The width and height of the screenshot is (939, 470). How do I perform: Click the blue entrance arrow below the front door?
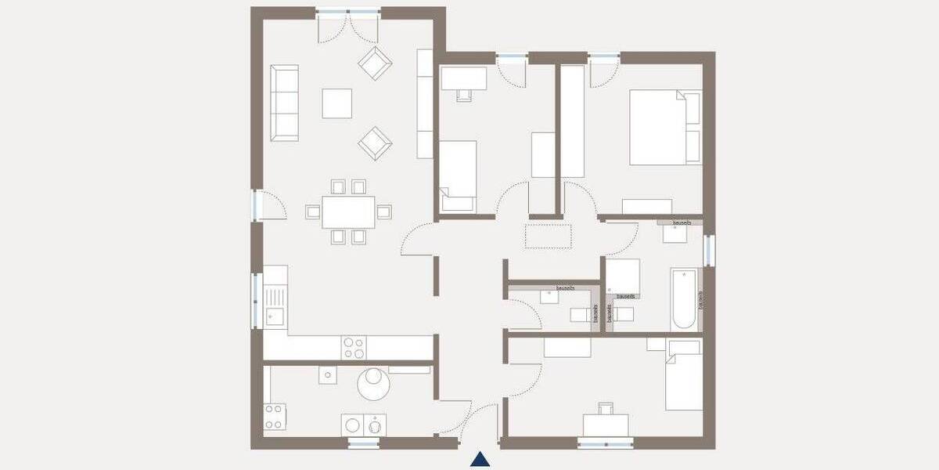point(481,459)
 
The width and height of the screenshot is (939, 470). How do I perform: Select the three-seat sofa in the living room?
point(285,103)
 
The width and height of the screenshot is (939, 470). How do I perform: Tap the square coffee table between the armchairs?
point(337,103)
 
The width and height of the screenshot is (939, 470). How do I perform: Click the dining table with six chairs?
point(349,211)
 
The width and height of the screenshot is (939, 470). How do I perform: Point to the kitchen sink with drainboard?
point(275,305)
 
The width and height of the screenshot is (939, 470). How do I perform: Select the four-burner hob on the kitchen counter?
point(352,347)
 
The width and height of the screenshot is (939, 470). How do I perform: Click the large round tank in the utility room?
point(373,384)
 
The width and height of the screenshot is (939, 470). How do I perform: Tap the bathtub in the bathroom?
point(682,299)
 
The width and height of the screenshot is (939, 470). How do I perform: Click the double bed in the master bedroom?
point(664,127)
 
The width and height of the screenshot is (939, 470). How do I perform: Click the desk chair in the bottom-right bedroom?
point(605,408)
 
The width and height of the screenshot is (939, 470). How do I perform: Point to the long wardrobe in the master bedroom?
point(573,121)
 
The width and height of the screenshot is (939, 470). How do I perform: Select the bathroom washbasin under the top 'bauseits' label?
point(676,232)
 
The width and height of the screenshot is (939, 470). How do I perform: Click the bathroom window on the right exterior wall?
point(708,250)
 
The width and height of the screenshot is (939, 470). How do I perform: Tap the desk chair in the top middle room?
point(462,94)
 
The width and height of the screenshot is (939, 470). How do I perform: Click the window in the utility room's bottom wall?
point(363,443)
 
